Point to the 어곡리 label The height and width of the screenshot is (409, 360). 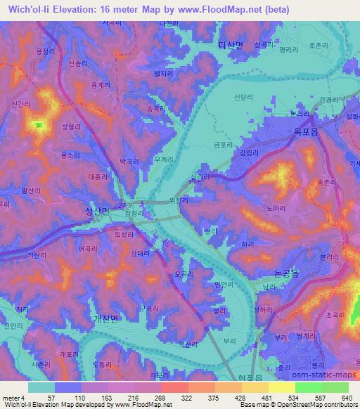click(x=88, y=248)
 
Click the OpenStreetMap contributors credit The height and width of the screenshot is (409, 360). click(x=316, y=405)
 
